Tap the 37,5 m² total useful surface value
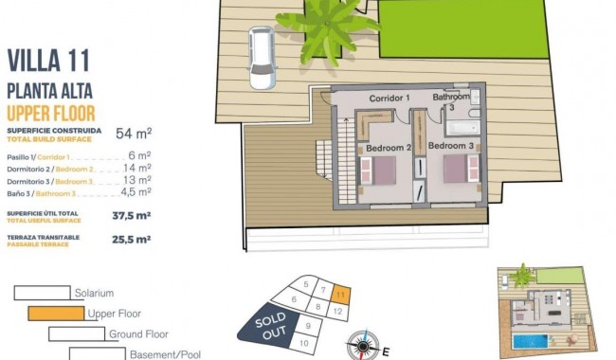click(132, 215)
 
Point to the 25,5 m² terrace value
click(132, 240)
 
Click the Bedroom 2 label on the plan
click(388, 148)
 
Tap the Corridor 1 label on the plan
click(389, 98)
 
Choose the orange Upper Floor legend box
click(56, 314)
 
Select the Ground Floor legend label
click(138, 334)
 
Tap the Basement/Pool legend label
click(167, 354)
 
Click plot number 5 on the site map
click(304, 283)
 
